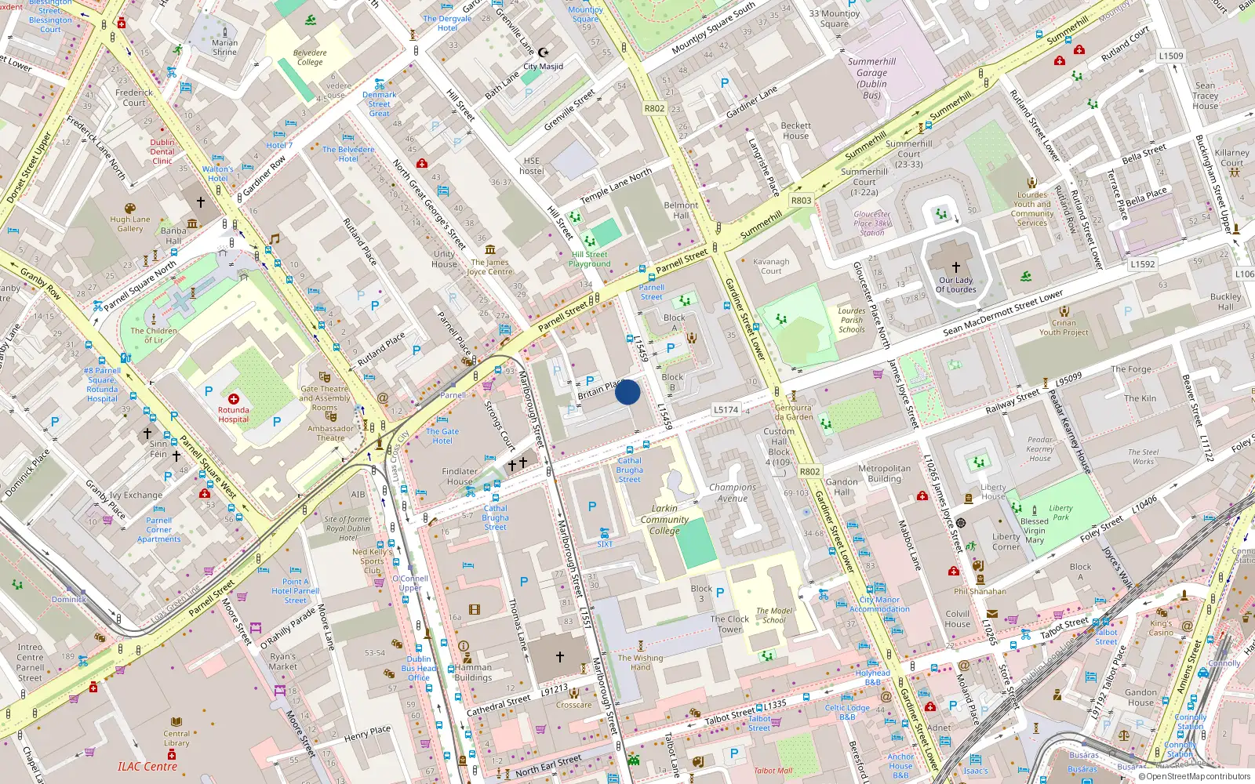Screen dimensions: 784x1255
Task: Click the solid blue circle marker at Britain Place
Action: point(627,392)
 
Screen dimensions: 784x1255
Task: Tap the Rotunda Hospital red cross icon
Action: point(233,399)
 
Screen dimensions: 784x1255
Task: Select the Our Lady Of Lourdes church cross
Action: point(955,267)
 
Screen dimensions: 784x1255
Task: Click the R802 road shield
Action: point(654,109)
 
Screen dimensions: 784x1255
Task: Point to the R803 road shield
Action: point(801,201)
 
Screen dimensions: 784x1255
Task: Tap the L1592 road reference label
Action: point(1143,264)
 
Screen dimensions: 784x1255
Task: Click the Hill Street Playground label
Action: point(589,259)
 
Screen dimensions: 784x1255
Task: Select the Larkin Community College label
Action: point(664,519)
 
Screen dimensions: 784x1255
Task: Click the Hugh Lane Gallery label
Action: point(130,224)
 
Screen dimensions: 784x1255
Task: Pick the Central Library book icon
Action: point(176,721)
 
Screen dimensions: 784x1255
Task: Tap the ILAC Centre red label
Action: point(147,767)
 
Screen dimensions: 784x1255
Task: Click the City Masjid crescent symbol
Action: point(543,53)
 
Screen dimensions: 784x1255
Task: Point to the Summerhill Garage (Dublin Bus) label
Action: point(871,78)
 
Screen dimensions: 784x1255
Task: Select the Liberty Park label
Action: point(1060,512)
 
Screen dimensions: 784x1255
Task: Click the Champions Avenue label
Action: point(733,492)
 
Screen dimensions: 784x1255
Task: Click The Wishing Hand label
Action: point(640,662)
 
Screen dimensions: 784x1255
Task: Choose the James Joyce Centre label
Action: point(489,267)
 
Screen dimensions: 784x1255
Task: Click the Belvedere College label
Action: point(310,57)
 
